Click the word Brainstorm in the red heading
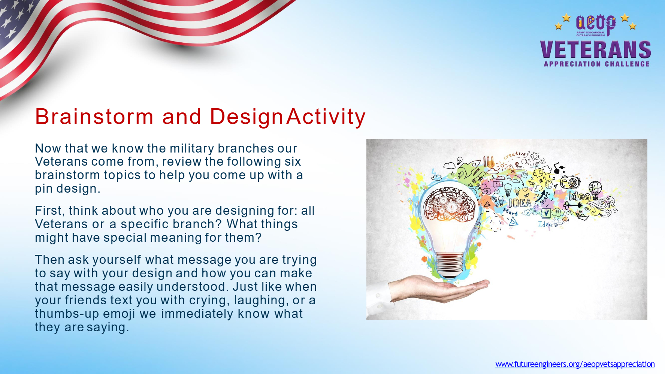[x=94, y=117]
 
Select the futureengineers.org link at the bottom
[x=575, y=364]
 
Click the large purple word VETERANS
[x=595, y=49]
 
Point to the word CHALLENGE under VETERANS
[x=627, y=64]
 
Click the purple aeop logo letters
[x=596, y=24]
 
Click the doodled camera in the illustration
[x=569, y=182]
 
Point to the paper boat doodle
[x=582, y=216]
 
